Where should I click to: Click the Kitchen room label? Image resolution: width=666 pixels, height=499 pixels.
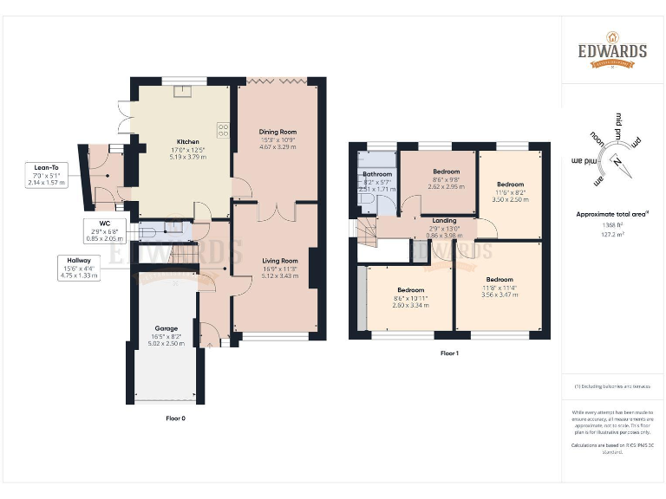(188, 141)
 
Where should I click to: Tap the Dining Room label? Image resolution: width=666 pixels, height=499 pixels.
(278, 132)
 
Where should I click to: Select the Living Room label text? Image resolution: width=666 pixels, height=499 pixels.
(278, 260)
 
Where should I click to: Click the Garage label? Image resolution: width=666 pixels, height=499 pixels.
(166, 328)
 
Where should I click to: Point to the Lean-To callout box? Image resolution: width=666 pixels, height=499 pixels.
(47, 175)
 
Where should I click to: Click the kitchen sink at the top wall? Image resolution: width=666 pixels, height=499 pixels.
(183, 90)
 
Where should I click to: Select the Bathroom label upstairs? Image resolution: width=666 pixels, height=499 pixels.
(377, 174)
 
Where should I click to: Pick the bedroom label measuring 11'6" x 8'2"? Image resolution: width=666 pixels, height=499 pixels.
(510, 185)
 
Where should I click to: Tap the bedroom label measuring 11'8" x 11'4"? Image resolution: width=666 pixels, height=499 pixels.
(499, 280)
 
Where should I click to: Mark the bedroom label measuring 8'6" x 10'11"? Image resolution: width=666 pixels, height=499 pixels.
(411, 289)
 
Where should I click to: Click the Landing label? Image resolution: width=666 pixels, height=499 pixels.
(444, 220)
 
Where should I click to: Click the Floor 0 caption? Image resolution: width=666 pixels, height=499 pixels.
(176, 418)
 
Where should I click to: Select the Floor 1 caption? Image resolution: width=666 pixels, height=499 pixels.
(448, 353)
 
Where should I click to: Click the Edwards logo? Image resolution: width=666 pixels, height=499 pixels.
(612, 51)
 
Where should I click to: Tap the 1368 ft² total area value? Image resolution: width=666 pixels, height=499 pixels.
(613, 225)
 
